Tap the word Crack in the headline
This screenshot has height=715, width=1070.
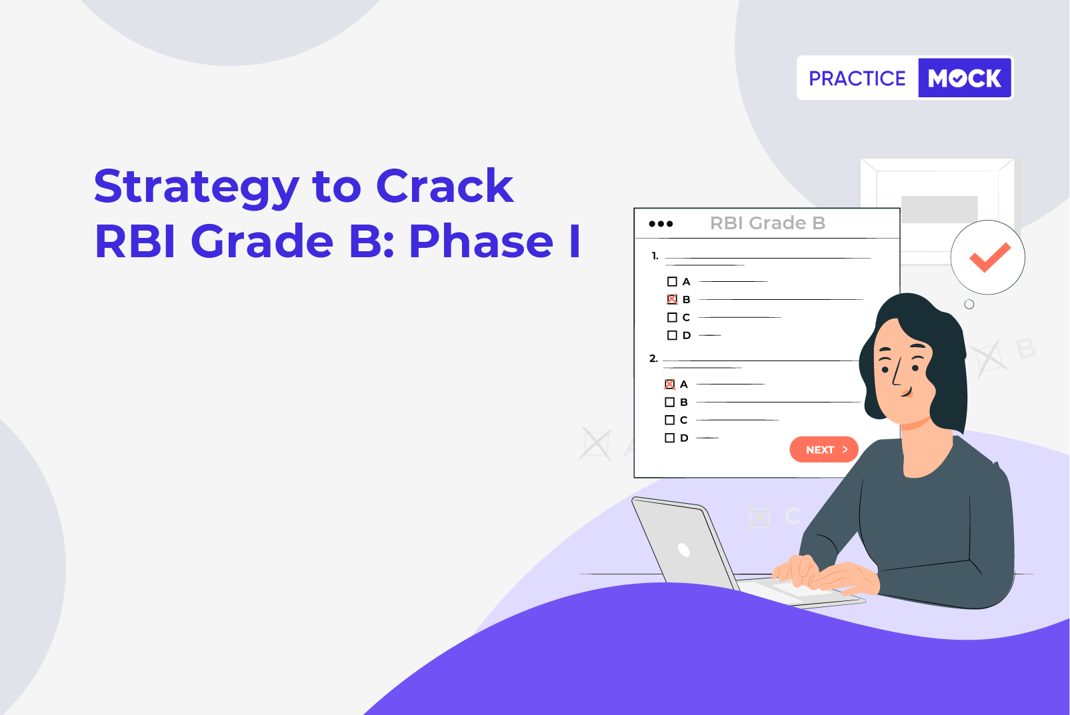click(445, 186)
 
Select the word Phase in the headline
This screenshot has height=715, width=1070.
click(481, 241)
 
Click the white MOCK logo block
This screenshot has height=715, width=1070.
click(965, 78)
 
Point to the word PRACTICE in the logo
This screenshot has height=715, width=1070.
click(857, 79)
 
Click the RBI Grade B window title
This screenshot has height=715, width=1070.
click(767, 223)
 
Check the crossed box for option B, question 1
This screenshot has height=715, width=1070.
click(672, 299)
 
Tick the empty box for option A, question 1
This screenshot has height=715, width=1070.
click(672, 282)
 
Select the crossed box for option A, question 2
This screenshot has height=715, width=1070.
click(670, 384)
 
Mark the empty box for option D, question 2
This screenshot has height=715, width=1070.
click(670, 438)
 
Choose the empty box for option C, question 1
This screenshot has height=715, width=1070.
click(672, 317)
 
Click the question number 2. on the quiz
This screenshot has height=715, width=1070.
click(653, 358)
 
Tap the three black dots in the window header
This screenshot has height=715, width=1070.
click(661, 224)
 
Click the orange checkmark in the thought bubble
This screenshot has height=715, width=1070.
click(990, 258)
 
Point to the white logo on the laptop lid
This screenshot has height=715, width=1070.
click(684, 550)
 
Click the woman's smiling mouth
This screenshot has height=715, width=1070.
click(907, 393)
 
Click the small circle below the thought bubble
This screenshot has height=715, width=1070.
click(969, 304)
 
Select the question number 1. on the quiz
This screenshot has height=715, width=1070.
click(655, 256)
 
